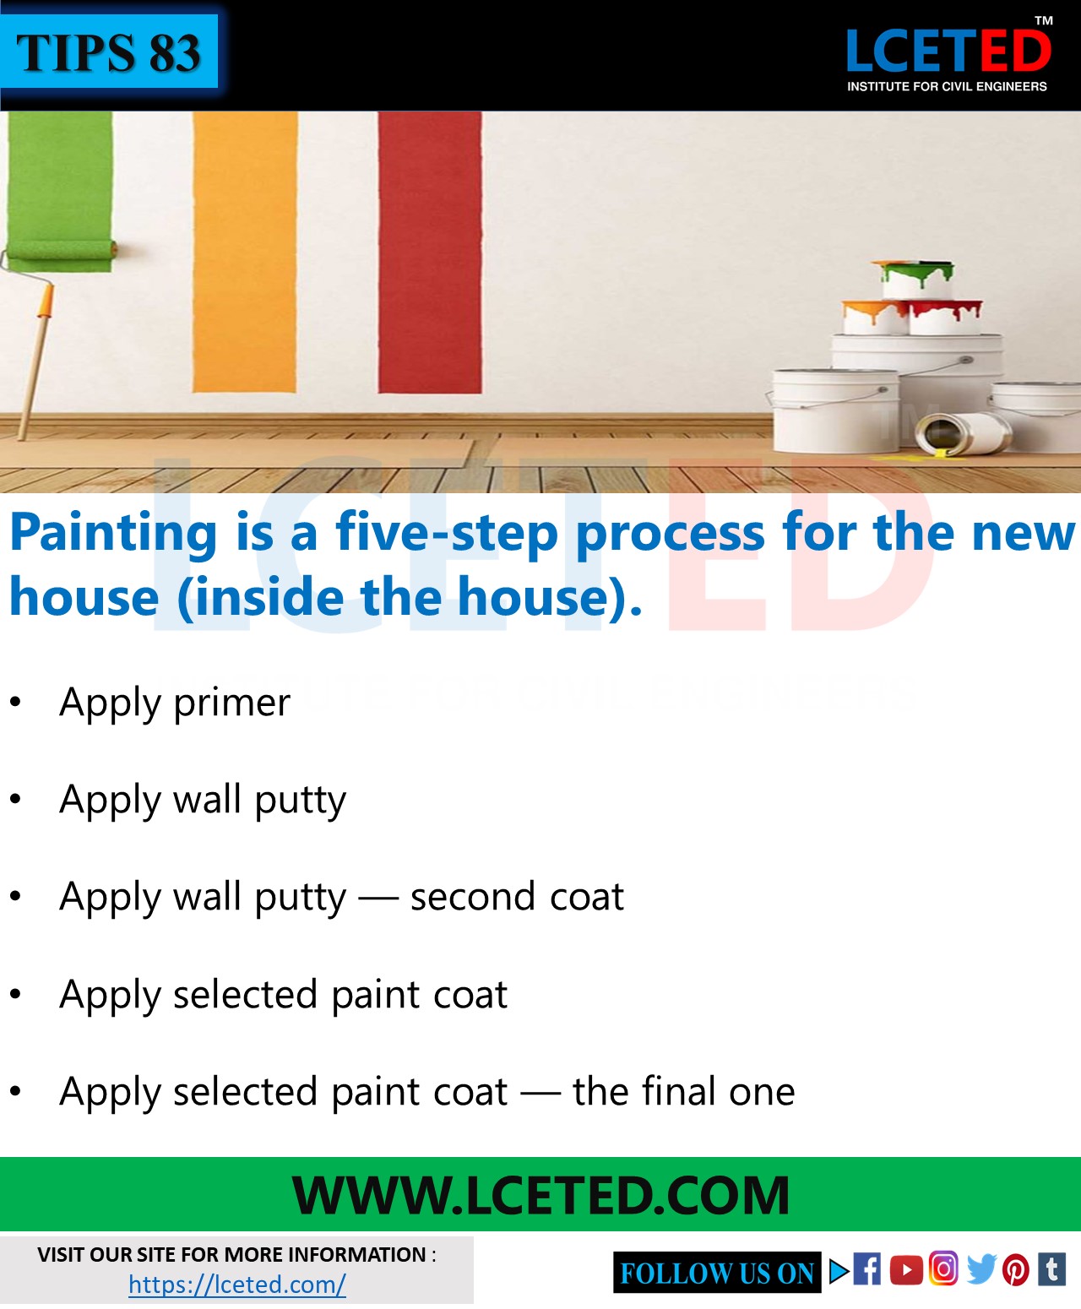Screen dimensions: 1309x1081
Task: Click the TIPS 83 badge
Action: (109, 52)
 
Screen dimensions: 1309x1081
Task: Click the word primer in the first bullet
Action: (231, 703)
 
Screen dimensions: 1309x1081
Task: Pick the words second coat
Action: (517, 897)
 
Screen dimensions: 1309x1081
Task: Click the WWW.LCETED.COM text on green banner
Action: (540, 1195)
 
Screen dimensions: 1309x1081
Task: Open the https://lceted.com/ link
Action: (236, 1285)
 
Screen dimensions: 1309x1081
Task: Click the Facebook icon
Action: (866, 1269)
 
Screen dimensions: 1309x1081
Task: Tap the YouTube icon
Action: (906, 1270)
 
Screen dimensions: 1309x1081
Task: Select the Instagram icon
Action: (943, 1268)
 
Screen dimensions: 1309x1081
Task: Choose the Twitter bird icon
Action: (981, 1269)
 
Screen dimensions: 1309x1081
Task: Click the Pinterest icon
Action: (1016, 1270)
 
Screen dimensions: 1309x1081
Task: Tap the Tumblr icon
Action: (1052, 1268)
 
